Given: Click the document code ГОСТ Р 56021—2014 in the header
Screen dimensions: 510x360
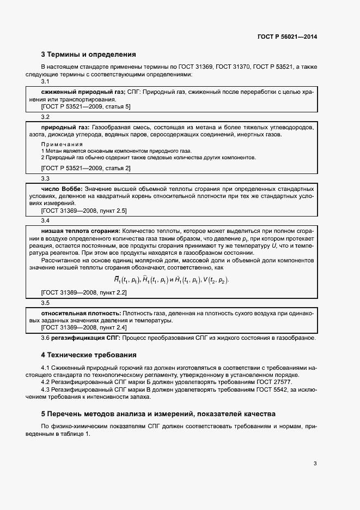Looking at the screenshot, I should point(287,37).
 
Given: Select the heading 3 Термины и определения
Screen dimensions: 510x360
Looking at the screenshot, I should point(88,55).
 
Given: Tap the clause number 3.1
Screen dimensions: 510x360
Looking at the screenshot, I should point(45,82).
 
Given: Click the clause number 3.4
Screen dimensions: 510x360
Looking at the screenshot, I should point(45,220).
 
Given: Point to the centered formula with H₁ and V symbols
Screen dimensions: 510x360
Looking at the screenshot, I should point(171,280).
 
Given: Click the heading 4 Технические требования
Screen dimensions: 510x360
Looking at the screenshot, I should point(89,355).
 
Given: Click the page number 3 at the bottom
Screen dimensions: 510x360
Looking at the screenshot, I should point(315,464).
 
